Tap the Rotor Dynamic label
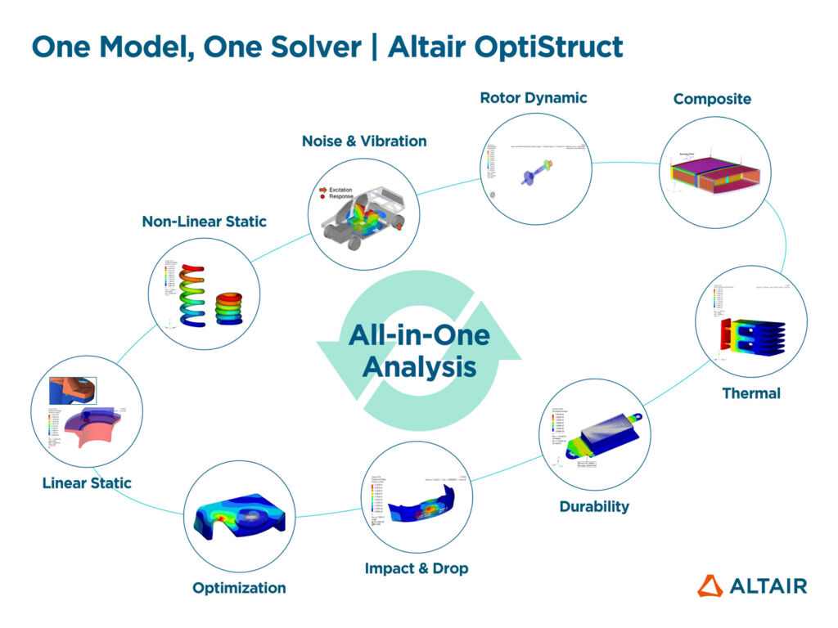coord(533,98)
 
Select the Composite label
coord(711,99)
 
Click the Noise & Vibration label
coord(364,141)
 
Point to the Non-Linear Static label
coord(204,222)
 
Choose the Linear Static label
coord(87,483)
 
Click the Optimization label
coord(239,588)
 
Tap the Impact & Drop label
coord(417,568)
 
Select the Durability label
coord(594,507)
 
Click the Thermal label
coord(750,394)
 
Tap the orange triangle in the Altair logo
coord(710,585)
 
